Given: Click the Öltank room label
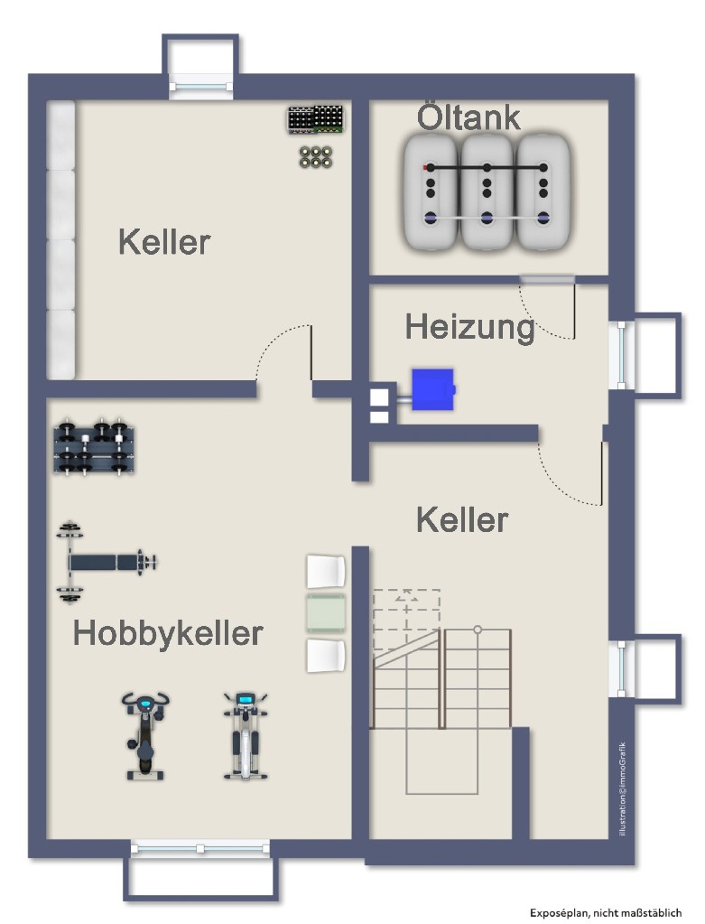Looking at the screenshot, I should tap(468, 117).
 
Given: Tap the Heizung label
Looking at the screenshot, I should tap(469, 326).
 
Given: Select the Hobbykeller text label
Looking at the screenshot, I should tap(168, 633).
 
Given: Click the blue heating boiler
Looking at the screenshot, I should tap(431, 389).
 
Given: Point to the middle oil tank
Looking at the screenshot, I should tap(487, 191).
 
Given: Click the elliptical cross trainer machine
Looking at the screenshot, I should tap(244, 735).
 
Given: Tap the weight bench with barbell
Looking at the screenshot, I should tap(106, 562).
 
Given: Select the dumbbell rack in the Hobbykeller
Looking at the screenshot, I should tap(94, 447).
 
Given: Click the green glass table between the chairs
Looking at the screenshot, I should tap(326, 613).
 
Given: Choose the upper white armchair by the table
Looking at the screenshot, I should tap(326, 572).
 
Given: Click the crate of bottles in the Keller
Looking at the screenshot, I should tap(316, 120).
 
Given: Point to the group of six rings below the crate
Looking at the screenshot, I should tap(316, 156).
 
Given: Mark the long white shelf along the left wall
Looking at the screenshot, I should tap(60, 240).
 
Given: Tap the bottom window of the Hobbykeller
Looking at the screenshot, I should tap(199, 848).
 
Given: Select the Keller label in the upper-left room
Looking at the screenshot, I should tap(163, 242).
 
